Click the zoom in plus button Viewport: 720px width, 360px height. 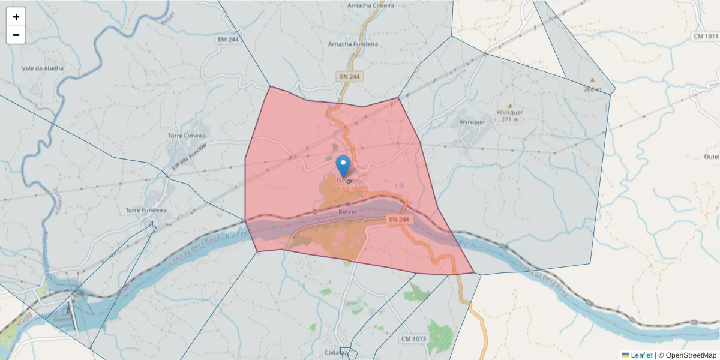tap(16, 17)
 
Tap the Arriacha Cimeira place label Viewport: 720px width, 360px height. tap(371, 5)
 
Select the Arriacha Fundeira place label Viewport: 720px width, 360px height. tap(353, 44)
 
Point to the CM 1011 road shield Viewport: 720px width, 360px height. tap(706, 36)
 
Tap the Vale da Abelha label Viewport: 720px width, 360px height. tap(42, 68)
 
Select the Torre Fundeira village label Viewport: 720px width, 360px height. tap(146, 211)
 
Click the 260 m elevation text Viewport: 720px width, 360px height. tap(592, 89)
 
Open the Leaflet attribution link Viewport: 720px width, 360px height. tap(641, 355)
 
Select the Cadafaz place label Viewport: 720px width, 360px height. tap(335, 353)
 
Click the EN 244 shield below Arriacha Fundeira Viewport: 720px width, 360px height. tap(349, 76)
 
